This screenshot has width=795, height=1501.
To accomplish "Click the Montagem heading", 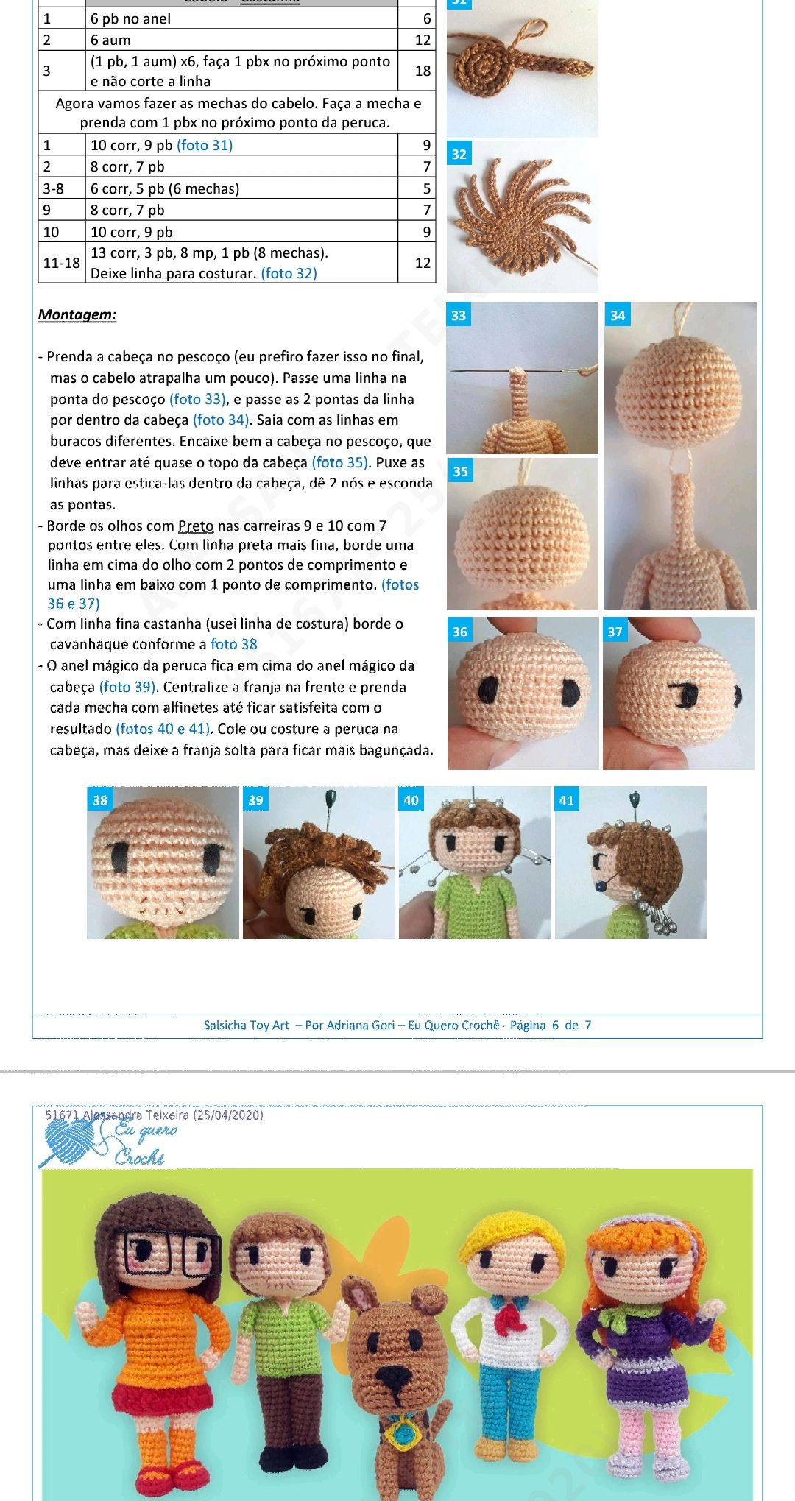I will (x=77, y=315).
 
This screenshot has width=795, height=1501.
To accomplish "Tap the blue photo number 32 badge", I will (x=459, y=155).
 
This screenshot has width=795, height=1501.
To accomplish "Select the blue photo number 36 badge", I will (x=460, y=632).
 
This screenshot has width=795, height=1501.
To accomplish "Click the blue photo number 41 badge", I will (x=566, y=800).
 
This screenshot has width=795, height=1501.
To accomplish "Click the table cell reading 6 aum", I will (x=110, y=40).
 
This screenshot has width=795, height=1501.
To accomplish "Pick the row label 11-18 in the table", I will (x=61, y=263).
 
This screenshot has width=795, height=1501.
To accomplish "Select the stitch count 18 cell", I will (x=422, y=71).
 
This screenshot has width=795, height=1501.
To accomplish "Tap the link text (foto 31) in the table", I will (x=205, y=145).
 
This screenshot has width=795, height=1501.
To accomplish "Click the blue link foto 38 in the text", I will (x=233, y=644).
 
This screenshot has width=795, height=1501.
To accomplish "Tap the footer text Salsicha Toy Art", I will (x=246, y=1025).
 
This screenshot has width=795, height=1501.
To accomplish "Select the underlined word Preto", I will (x=195, y=526).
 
